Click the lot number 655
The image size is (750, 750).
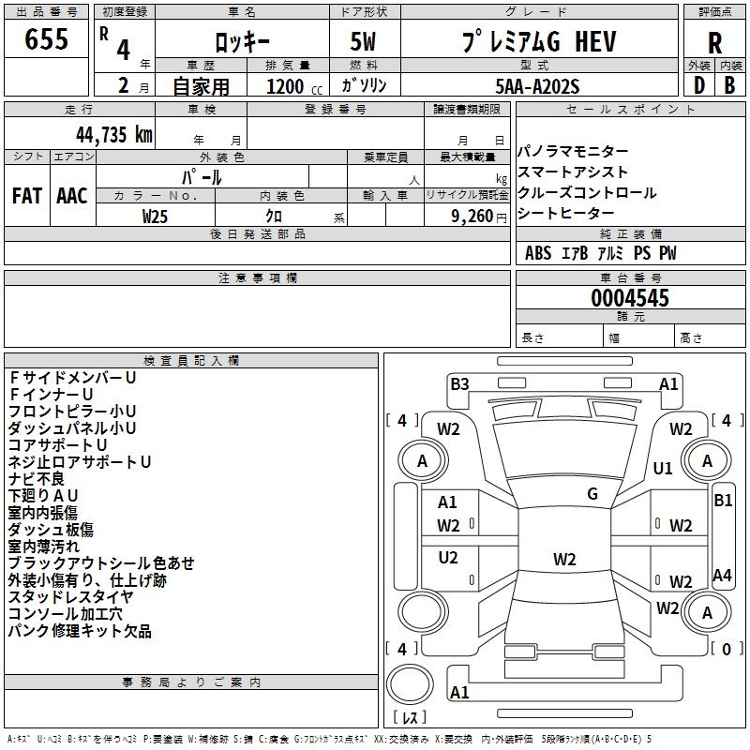pos(46,39)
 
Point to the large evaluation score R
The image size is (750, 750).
pos(714,41)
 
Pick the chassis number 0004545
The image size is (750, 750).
pos(630,299)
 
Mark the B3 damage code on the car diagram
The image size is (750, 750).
pos(459,383)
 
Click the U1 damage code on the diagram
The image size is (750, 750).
pos(663,468)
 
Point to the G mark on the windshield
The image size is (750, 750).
pos(592,493)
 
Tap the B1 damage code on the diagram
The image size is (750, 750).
pos(723,501)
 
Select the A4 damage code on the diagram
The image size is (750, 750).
pos(722,575)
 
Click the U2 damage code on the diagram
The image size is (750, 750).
pos(448,557)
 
